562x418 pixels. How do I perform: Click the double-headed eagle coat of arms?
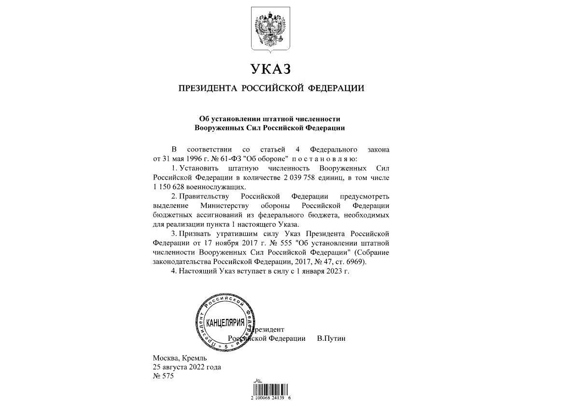[271, 29]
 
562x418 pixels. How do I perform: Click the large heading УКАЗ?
[271, 70]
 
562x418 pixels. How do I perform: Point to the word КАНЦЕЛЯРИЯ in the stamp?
[225, 322]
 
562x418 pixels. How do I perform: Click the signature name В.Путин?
[331, 338]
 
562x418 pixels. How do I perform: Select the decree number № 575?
[163, 376]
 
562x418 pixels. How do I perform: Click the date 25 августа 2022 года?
[187, 367]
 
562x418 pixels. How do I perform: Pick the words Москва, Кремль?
[180, 358]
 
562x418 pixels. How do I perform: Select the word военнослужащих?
[220, 186]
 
